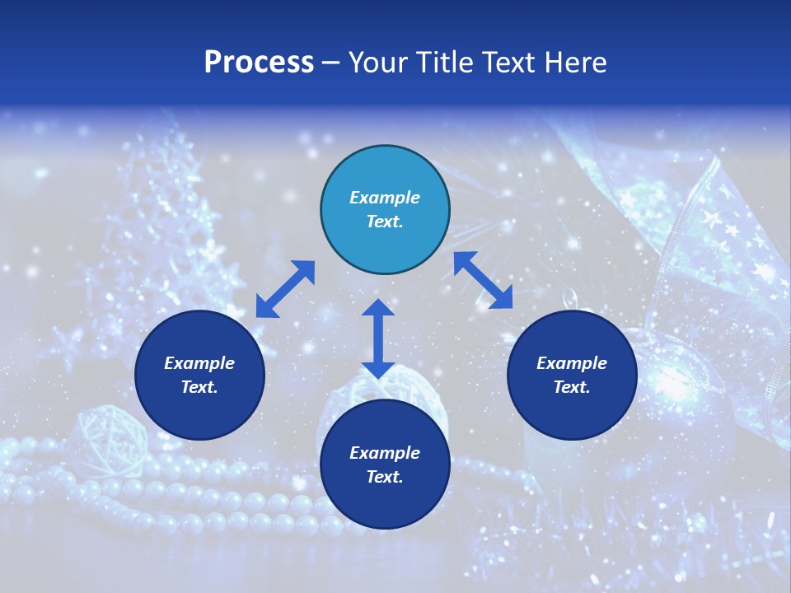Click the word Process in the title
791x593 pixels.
click(259, 63)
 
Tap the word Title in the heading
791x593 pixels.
click(445, 63)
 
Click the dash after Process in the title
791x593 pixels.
click(330, 63)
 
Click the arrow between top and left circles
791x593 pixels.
click(285, 289)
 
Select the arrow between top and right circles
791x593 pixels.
click(483, 280)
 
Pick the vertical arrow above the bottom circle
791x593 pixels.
click(378, 339)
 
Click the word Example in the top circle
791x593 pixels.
click(385, 198)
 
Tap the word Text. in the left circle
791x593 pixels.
click(199, 387)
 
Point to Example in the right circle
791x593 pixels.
click(572, 363)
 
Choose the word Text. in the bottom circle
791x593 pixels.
click(385, 477)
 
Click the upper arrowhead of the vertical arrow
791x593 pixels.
click(378, 310)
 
